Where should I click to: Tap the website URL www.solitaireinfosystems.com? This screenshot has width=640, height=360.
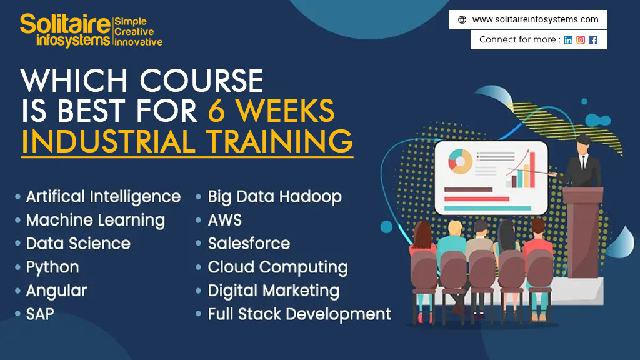pos(535,19)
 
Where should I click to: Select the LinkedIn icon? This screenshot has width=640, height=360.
pos(568,40)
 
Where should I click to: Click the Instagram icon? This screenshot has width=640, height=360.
pos(581,40)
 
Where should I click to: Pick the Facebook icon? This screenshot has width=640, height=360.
pos(593,40)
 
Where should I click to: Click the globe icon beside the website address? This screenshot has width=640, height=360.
pos(462,19)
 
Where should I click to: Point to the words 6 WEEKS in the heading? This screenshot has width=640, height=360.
pos(271,111)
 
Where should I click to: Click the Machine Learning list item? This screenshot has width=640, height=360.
pos(95,220)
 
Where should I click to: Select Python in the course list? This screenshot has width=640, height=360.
pos(52,267)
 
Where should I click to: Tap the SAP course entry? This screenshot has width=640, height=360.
pos(40,314)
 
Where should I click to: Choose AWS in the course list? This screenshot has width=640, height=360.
pos(224,220)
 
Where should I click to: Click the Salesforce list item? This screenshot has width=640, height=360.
pos(249,243)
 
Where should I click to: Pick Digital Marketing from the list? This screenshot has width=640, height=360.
pos(273,291)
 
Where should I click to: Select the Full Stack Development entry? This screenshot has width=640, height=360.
pos(299,314)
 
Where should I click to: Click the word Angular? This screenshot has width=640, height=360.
pos(56,291)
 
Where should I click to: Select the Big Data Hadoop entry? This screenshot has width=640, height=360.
pos(274,197)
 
